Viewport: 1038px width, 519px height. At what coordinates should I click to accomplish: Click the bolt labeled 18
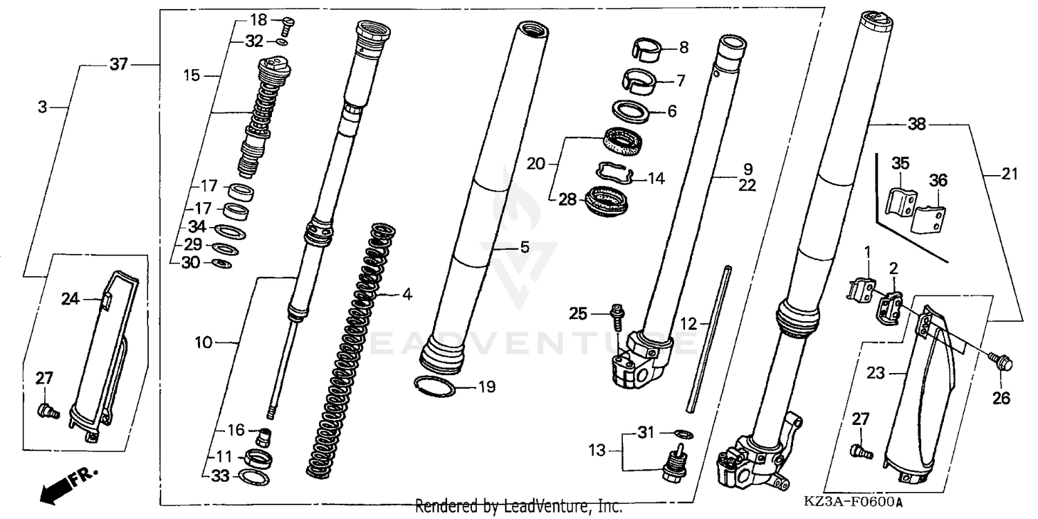coord(288,25)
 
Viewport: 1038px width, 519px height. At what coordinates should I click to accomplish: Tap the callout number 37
coord(118,64)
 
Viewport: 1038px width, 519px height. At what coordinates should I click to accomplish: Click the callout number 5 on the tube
coord(525,247)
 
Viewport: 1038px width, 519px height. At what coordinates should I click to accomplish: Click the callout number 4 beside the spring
coord(407,295)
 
